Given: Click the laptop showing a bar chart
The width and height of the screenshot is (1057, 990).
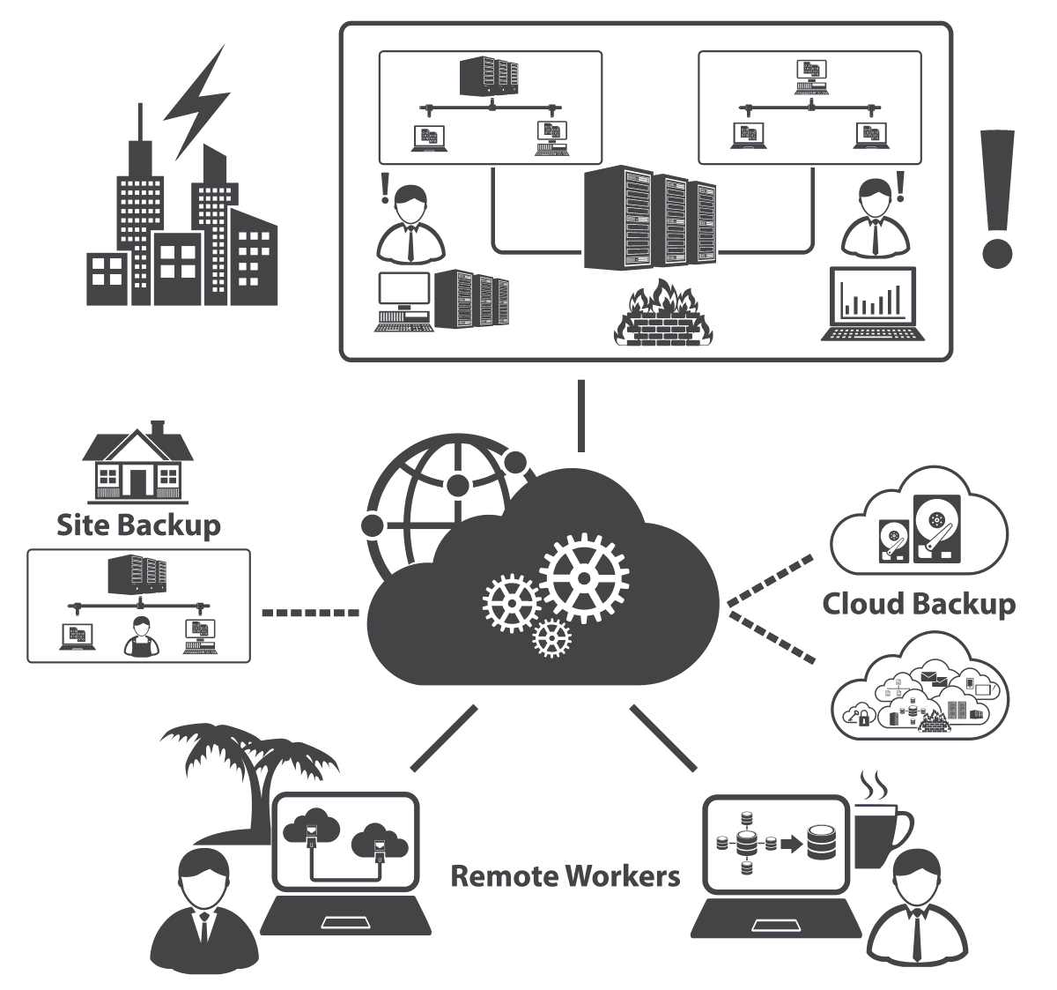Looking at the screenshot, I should (x=871, y=304).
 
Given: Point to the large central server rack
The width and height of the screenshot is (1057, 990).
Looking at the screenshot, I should (x=650, y=219).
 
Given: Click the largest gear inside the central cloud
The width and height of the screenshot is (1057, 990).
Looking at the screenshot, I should (x=583, y=577).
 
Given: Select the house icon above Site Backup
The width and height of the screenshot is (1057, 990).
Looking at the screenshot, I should (x=137, y=464).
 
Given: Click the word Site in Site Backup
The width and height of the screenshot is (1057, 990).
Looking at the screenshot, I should (x=83, y=525).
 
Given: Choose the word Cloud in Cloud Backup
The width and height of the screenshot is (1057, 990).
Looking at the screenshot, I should (x=864, y=604).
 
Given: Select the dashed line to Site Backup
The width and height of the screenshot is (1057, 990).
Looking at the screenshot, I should (x=310, y=611).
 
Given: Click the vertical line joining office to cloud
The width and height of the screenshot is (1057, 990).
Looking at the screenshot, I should (x=580, y=415).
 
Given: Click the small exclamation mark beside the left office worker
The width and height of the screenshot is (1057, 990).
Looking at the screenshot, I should (x=384, y=188).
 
